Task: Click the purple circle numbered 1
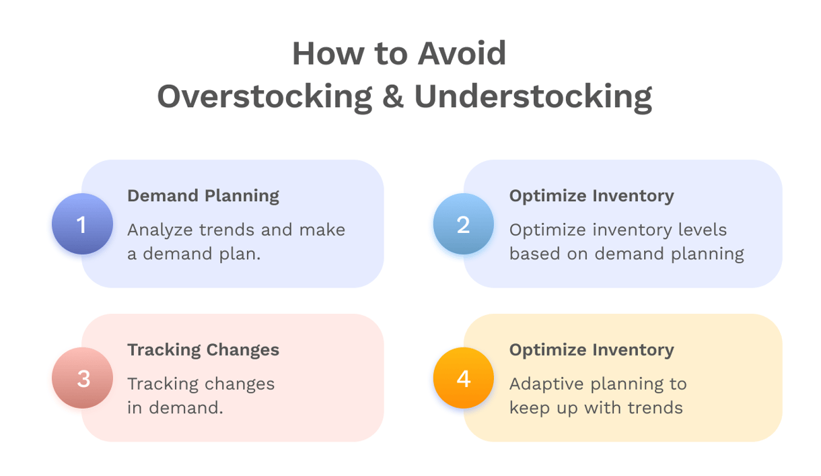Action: click(82, 224)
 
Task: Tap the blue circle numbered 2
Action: click(463, 224)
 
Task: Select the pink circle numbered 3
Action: click(82, 378)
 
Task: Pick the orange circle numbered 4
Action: click(463, 378)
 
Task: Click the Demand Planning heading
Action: click(203, 196)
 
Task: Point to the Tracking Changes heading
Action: click(203, 350)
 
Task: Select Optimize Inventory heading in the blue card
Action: click(591, 196)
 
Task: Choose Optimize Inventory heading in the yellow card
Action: click(591, 350)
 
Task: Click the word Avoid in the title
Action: click(462, 54)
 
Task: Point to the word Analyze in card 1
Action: click(160, 230)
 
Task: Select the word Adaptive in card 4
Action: click(544, 384)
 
